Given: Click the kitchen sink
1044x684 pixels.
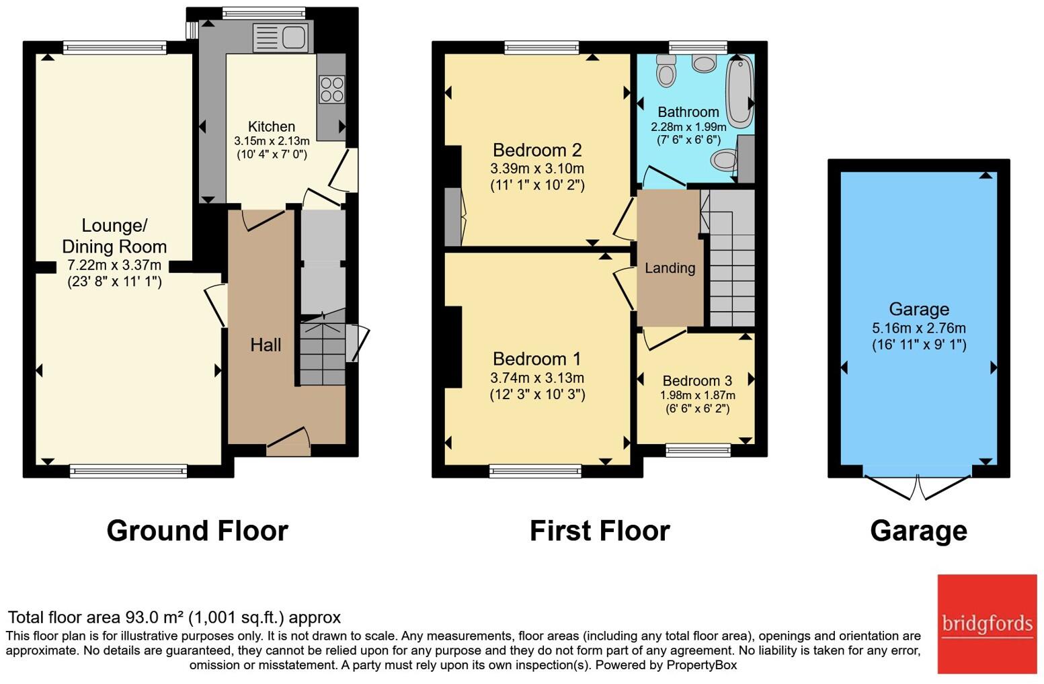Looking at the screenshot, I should [280, 38].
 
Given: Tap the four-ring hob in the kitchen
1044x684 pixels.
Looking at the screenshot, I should [331, 89].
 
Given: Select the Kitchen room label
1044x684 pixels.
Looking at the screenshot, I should [272, 126].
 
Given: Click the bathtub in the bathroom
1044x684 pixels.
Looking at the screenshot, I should [739, 92].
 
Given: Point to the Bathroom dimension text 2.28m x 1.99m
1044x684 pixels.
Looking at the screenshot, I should [688, 126].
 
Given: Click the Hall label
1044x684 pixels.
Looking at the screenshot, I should [266, 345].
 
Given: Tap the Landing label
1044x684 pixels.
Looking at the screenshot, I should [670, 268].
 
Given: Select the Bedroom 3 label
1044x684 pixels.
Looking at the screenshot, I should [697, 381].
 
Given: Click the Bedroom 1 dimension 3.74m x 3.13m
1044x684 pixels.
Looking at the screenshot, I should [537, 378].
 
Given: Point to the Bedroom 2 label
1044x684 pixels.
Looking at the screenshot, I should [537, 150].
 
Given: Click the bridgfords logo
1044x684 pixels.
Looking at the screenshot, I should [987, 624].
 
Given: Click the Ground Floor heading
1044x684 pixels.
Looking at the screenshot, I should [197, 531].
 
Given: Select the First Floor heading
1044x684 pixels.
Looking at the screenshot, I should [600, 531].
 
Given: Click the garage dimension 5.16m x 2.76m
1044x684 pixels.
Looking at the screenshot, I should [918, 328].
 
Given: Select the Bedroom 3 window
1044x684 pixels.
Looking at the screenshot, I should [698, 450].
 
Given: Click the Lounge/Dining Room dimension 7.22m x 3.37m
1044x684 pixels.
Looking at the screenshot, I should [114, 265].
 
